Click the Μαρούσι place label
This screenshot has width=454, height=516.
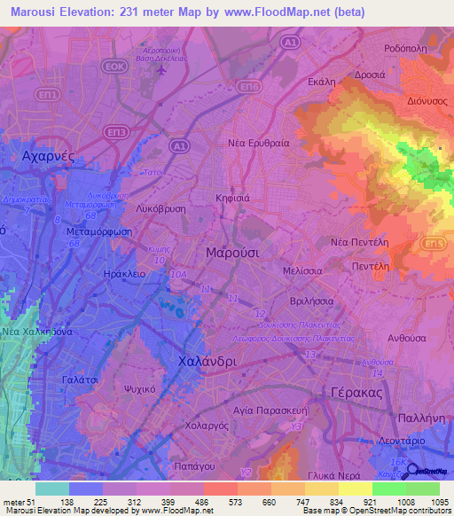[x=232, y=252]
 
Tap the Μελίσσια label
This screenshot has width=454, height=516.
[x=301, y=268]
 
